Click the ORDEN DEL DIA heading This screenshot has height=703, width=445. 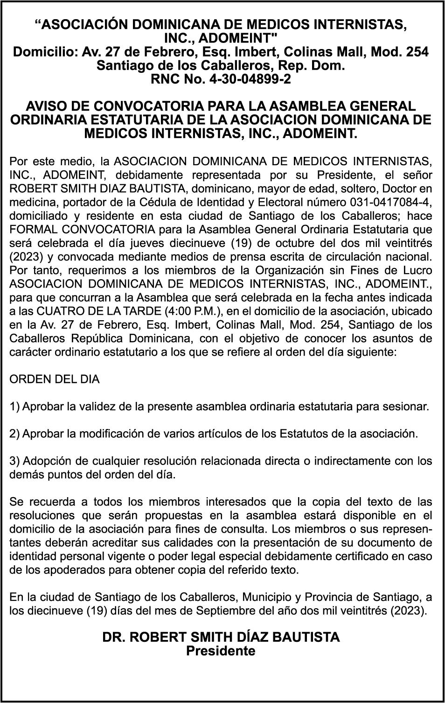pos(55,379)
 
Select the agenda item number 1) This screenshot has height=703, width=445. pos(15,407)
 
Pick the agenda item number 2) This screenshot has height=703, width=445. pos(15,434)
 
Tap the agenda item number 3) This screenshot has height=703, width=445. pos(15,461)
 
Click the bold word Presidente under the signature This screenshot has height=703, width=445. pos(221,651)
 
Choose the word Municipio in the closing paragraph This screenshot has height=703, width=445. pos(269,597)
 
